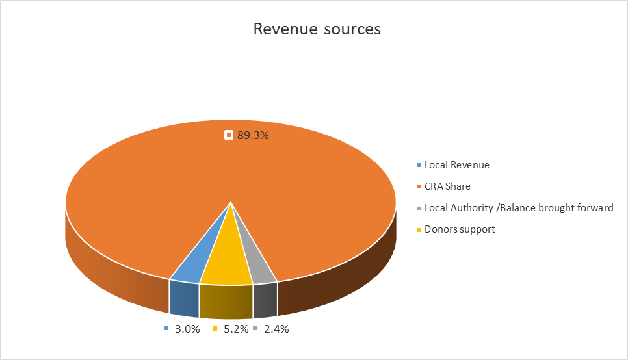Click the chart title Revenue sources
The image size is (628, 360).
[x=317, y=29]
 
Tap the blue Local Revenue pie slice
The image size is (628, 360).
[x=195, y=260]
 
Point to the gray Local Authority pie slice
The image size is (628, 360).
[x=257, y=263]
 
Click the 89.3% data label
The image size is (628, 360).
[x=253, y=135]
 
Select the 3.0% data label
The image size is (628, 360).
[x=187, y=329]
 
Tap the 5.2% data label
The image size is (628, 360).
[x=236, y=329]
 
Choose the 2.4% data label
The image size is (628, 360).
[x=276, y=329]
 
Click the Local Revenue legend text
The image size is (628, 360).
[x=456, y=165]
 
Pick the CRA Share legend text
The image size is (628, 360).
[x=447, y=186]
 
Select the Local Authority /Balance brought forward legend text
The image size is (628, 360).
[x=519, y=208]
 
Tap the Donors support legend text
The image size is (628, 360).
[x=460, y=229]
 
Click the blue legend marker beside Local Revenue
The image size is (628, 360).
[x=419, y=166]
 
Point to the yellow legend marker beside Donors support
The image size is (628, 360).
[x=419, y=230]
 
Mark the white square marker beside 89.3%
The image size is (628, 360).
[x=229, y=135]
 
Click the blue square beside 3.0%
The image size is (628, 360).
[x=167, y=329]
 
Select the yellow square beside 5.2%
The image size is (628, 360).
[x=216, y=329]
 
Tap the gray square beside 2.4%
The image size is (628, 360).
[x=256, y=329]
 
